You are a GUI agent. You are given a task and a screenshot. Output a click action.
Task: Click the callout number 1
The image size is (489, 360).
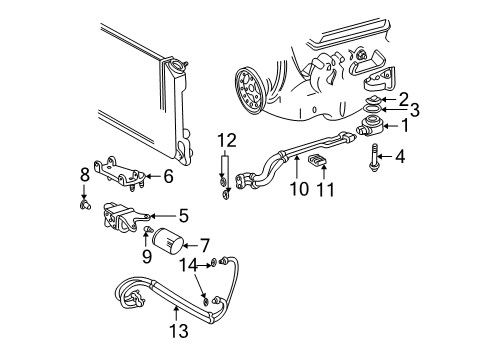(405, 126)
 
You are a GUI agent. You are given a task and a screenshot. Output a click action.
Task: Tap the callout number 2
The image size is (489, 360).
(403, 98)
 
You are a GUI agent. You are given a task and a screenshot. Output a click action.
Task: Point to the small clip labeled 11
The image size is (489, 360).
(322, 163)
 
